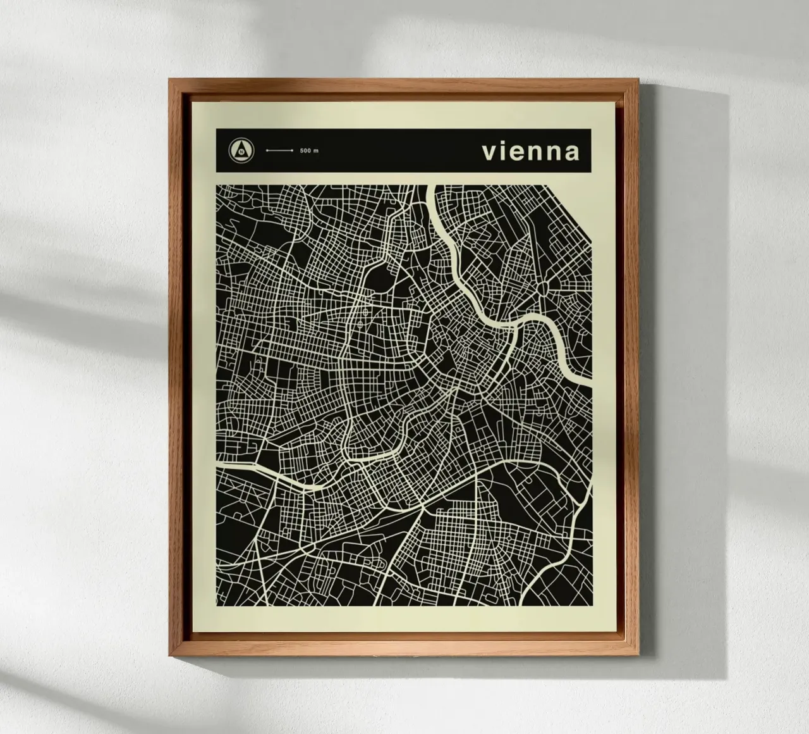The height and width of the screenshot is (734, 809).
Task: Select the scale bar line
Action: pos(279,151)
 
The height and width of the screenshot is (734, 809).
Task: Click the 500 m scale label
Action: pos(310,151)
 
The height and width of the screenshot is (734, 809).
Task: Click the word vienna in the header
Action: pos(530,152)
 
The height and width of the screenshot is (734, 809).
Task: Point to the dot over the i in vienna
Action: pos(501,143)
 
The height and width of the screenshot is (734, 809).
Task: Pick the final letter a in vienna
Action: pos(572,153)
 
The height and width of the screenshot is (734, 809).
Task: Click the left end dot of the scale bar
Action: pos(267,151)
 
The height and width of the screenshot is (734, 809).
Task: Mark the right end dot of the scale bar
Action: pos(291,151)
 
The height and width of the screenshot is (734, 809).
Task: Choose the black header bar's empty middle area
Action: pos(392,151)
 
